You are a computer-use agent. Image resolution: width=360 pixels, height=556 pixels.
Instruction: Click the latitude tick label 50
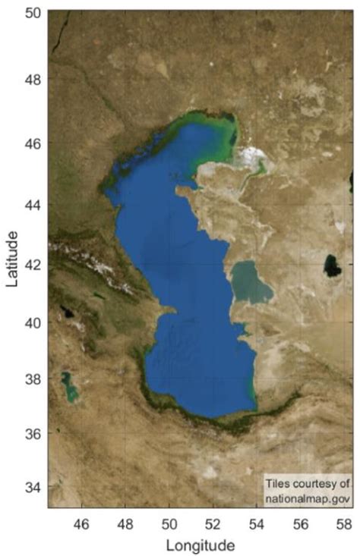(33, 13)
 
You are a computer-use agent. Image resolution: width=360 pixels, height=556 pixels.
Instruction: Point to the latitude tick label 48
(33, 79)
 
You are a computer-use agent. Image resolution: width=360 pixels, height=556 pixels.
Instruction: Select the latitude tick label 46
(33, 143)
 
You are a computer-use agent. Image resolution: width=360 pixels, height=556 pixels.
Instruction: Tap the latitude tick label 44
(33, 205)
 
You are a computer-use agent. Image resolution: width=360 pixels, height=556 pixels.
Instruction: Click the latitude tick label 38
(33, 379)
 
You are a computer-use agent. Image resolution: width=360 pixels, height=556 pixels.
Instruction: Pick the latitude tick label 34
(33, 486)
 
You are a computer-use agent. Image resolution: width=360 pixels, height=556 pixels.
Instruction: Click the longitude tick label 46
(81, 523)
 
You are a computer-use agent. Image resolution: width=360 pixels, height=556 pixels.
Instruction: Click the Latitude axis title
(12, 260)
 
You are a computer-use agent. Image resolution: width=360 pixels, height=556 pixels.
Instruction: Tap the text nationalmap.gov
(307, 496)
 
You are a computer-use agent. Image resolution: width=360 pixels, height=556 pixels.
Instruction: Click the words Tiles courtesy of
(307, 483)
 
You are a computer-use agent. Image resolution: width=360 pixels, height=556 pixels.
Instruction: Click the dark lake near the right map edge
(332, 265)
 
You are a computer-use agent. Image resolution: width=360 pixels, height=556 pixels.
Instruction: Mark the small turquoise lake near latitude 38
(69, 386)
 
